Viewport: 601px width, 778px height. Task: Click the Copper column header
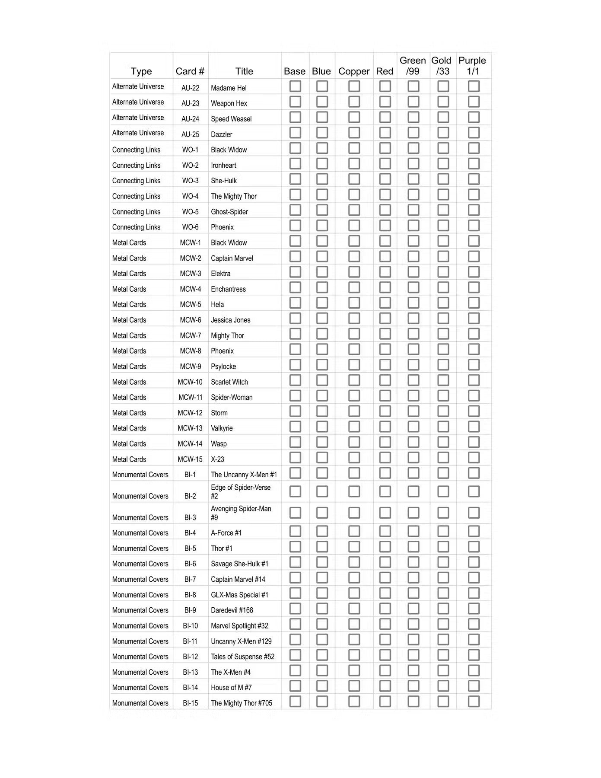click(x=354, y=71)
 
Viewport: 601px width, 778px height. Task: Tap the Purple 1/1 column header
click(x=472, y=66)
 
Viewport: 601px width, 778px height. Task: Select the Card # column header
click(x=190, y=71)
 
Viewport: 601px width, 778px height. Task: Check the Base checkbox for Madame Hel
click(x=295, y=86)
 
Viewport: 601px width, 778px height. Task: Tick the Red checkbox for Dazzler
click(x=385, y=133)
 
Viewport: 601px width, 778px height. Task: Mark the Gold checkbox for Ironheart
click(x=443, y=164)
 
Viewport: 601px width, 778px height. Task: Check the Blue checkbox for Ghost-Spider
click(x=322, y=210)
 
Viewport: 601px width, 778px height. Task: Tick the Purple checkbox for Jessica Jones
click(x=474, y=319)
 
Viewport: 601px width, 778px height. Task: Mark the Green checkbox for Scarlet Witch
click(x=413, y=380)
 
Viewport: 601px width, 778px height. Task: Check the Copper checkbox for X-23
click(x=354, y=458)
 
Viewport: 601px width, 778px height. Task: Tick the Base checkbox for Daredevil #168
click(x=295, y=609)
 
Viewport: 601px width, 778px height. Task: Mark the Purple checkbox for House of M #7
click(x=474, y=686)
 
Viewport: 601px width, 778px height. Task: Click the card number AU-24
click(x=190, y=119)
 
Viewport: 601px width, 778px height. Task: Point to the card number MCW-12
click(x=190, y=413)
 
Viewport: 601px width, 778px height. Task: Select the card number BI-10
click(x=190, y=626)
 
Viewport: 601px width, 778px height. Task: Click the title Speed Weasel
click(x=231, y=119)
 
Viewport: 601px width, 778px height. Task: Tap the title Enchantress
click(x=228, y=289)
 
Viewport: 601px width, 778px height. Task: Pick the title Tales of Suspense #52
click(x=242, y=657)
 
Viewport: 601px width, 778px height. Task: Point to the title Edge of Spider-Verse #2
click(x=241, y=492)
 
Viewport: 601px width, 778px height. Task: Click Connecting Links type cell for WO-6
click(x=136, y=227)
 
